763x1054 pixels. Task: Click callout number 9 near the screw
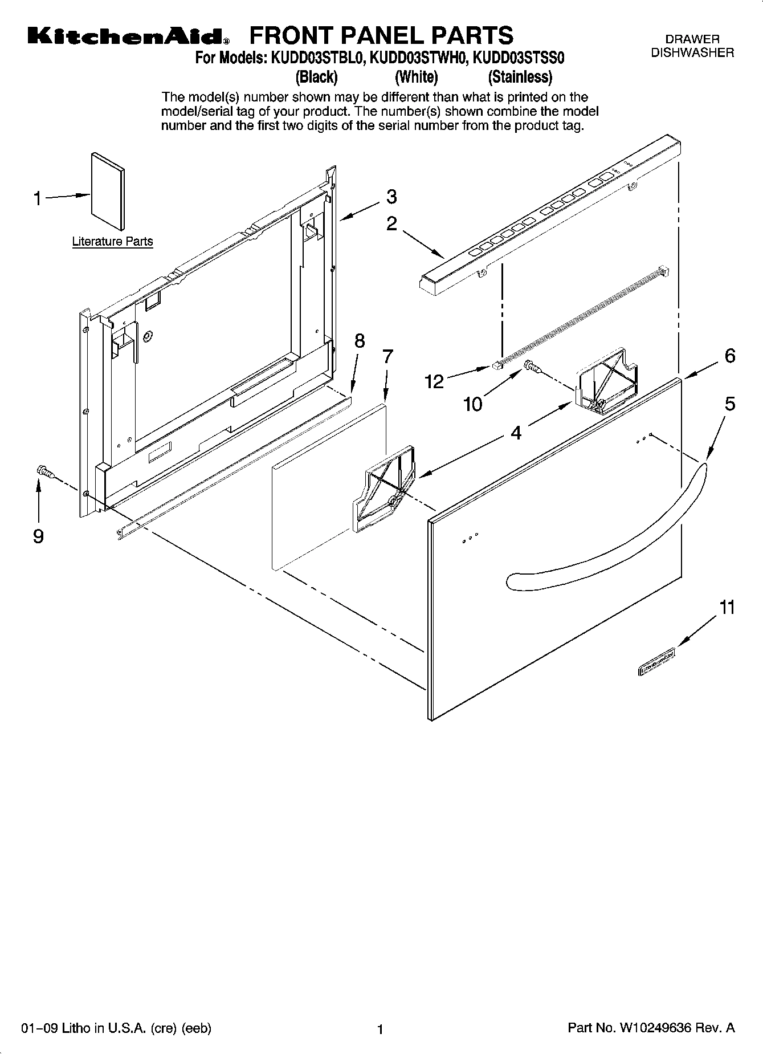pyautogui.click(x=38, y=536)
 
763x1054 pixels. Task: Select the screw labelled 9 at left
pyautogui.click(x=44, y=471)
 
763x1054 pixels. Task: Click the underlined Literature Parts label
pyautogui.click(x=112, y=242)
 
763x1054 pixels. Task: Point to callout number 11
pyautogui.click(x=727, y=608)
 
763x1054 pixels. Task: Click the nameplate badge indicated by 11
pyautogui.click(x=656, y=662)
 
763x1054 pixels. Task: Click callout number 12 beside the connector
pyautogui.click(x=434, y=381)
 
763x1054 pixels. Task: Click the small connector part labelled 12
pyautogui.click(x=496, y=365)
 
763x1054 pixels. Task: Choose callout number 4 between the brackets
pyautogui.click(x=515, y=433)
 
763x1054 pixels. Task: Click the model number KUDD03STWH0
pyautogui.click(x=418, y=58)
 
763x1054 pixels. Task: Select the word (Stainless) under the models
pyautogui.click(x=520, y=76)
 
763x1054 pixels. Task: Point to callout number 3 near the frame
pyautogui.click(x=391, y=197)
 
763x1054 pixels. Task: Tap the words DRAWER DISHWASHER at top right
pyautogui.click(x=692, y=46)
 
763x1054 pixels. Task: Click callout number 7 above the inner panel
pyautogui.click(x=387, y=357)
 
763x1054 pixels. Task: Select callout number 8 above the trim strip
pyautogui.click(x=359, y=341)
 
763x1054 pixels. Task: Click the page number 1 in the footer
pyautogui.click(x=380, y=1029)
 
